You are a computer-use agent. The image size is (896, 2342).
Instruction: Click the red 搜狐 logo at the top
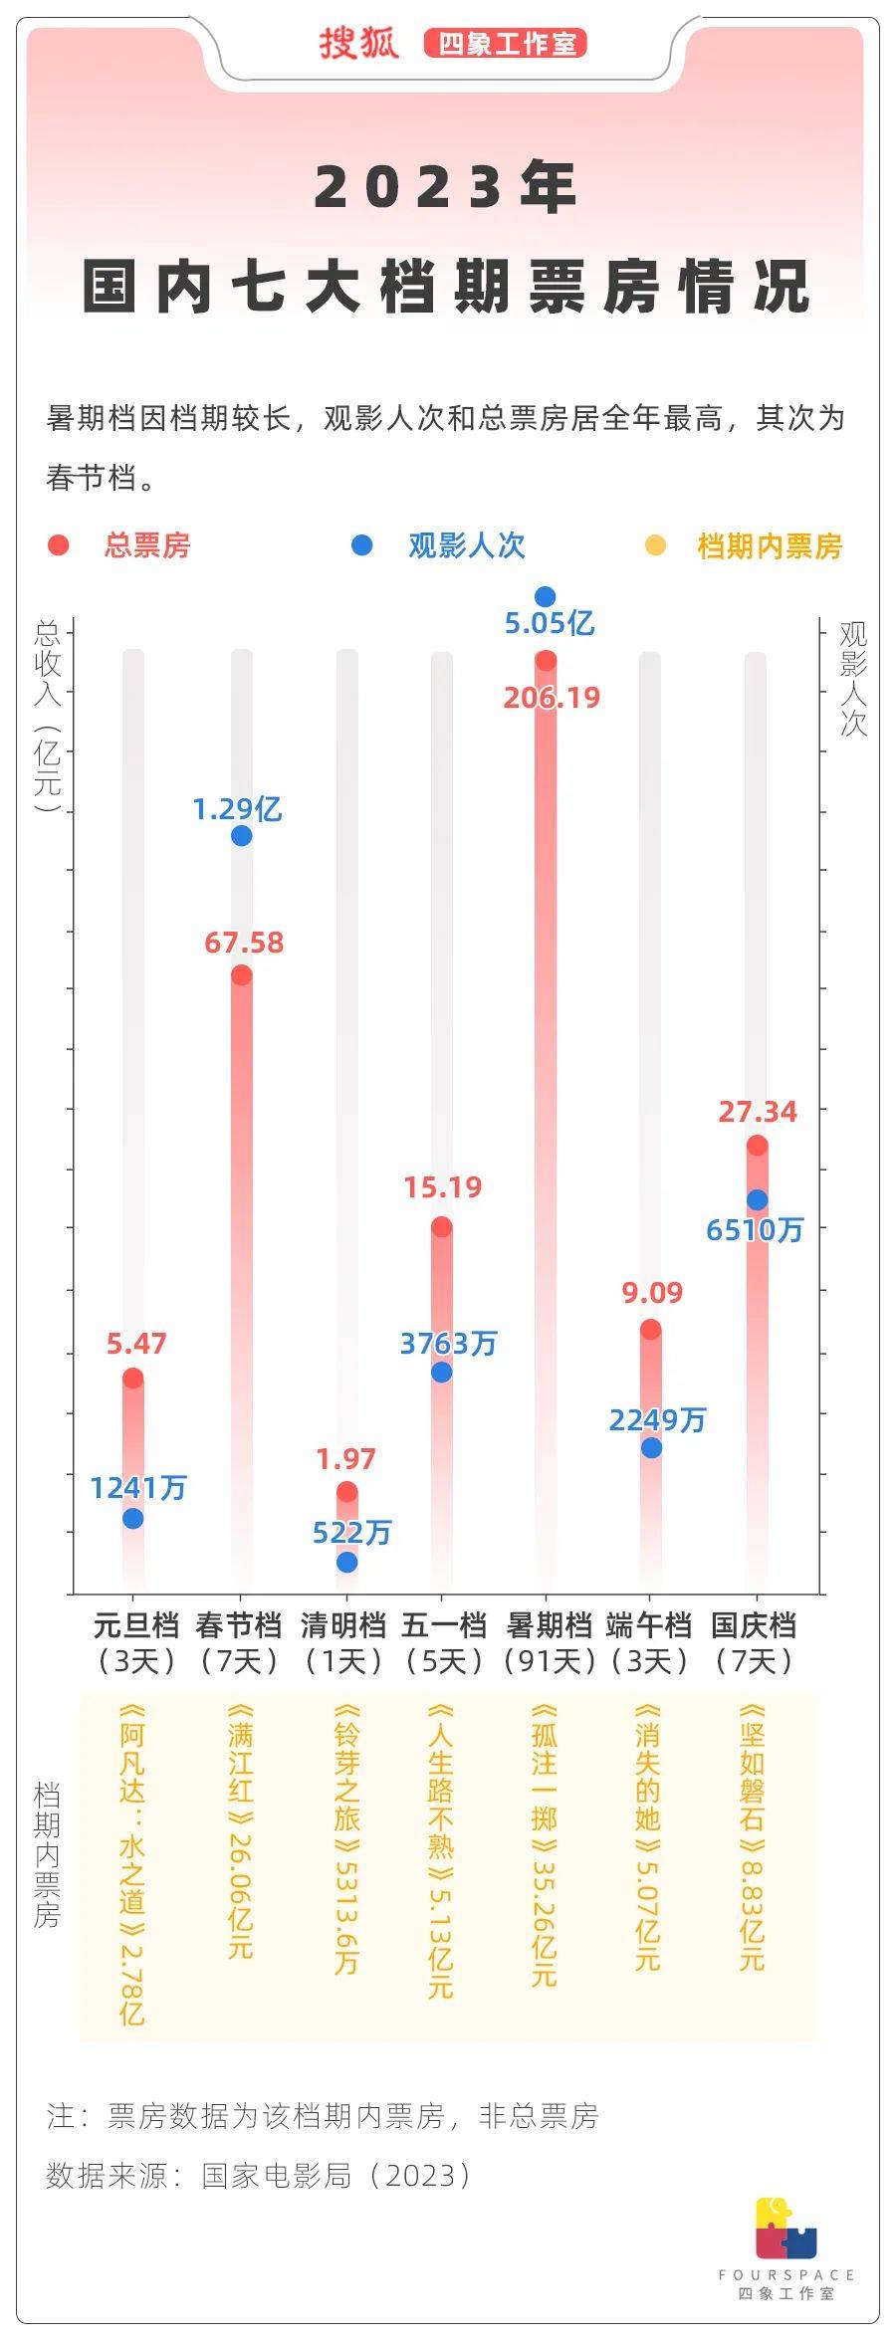click(358, 44)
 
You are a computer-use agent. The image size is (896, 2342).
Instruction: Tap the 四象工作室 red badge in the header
click(506, 44)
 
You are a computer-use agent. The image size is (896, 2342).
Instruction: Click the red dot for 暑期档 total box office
click(546, 661)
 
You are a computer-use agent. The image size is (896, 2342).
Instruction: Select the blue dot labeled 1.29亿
click(241, 836)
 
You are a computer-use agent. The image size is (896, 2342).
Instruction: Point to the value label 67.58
click(244, 943)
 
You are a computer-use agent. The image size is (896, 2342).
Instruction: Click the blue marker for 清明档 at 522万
click(346, 1563)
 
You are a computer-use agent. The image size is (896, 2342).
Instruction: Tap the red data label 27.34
click(758, 1112)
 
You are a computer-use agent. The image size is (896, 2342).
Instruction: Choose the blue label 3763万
click(448, 1344)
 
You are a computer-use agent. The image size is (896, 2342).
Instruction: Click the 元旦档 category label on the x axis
click(135, 1625)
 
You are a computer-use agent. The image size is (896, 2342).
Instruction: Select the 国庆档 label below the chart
click(754, 1625)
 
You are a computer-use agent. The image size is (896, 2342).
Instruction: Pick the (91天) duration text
click(550, 1660)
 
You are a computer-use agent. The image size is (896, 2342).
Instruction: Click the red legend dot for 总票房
click(59, 545)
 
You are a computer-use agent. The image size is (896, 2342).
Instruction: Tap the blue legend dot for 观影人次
click(362, 545)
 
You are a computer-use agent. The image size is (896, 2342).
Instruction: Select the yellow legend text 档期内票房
click(770, 546)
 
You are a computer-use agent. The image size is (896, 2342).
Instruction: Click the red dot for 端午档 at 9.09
click(650, 1330)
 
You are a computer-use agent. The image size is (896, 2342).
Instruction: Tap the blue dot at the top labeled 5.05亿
click(545, 597)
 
